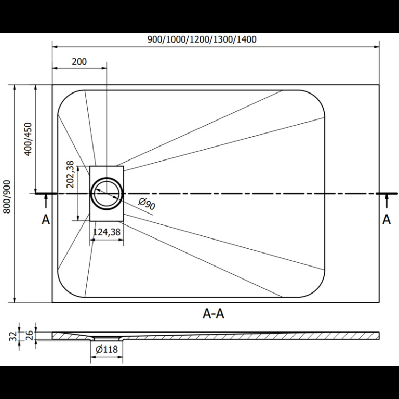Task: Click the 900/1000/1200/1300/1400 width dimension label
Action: tap(202, 39)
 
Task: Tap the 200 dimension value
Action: tap(79, 62)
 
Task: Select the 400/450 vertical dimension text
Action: tap(28, 139)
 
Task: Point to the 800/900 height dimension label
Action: tap(7, 197)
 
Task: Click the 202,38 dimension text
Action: tap(70, 175)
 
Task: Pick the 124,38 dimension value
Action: tap(107, 232)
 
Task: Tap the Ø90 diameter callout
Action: tap(147, 204)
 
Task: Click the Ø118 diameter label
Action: tap(107, 349)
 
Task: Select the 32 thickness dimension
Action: tap(14, 336)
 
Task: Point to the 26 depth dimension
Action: tap(30, 336)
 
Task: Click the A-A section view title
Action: tap(214, 313)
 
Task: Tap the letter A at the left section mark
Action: tap(46, 220)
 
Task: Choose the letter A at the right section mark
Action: tap(387, 220)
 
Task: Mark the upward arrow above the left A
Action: tap(46, 201)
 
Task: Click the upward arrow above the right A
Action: tap(387, 201)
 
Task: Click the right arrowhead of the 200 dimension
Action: tap(104, 68)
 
